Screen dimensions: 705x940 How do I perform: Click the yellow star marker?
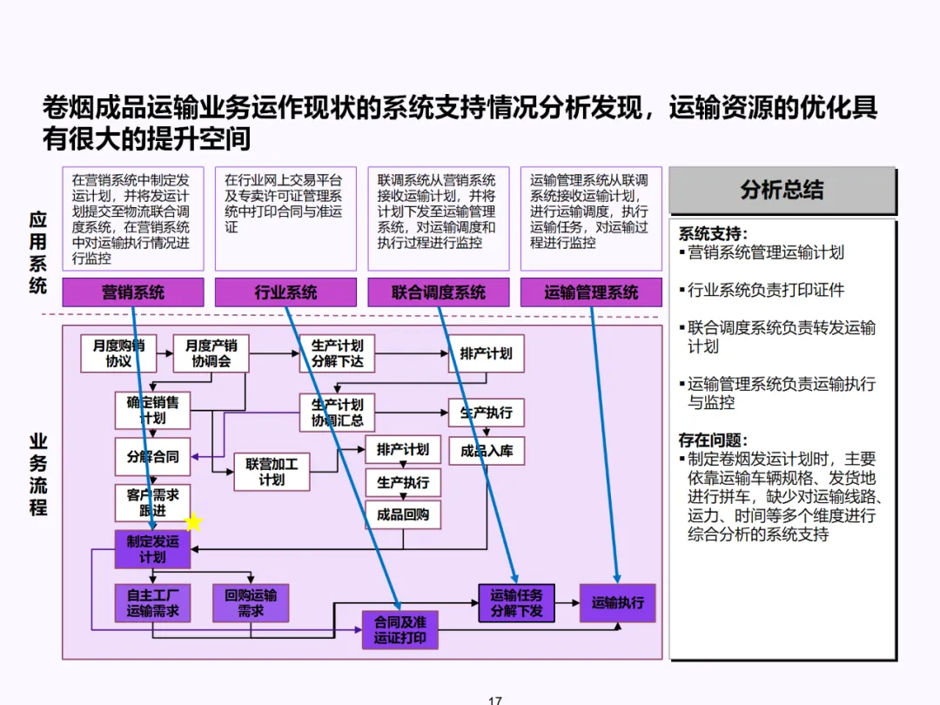(x=193, y=522)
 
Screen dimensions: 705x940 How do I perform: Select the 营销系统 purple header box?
(x=133, y=292)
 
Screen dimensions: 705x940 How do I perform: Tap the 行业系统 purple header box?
(x=285, y=292)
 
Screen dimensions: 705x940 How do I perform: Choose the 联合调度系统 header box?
(x=439, y=292)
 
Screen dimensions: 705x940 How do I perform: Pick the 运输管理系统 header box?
(x=591, y=292)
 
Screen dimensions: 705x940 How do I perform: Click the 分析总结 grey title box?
(x=782, y=191)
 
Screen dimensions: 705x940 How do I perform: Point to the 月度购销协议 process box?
(x=118, y=353)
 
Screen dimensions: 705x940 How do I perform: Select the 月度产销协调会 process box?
(x=211, y=353)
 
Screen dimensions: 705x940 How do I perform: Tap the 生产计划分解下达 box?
(x=337, y=353)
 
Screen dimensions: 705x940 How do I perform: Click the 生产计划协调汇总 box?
(x=337, y=413)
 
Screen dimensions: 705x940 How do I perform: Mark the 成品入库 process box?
(x=487, y=451)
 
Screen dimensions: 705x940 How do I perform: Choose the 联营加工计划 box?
(x=271, y=472)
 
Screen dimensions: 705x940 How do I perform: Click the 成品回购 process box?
(x=402, y=514)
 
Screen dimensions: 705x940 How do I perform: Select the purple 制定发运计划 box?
(x=152, y=548)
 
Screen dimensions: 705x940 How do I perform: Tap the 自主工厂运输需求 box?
(x=152, y=603)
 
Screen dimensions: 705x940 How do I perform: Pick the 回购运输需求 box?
(x=250, y=603)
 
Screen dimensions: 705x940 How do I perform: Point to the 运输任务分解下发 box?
(x=516, y=603)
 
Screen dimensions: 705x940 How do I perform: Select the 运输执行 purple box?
(x=617, y=602)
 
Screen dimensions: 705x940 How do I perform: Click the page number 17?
(x=495, y=700)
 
